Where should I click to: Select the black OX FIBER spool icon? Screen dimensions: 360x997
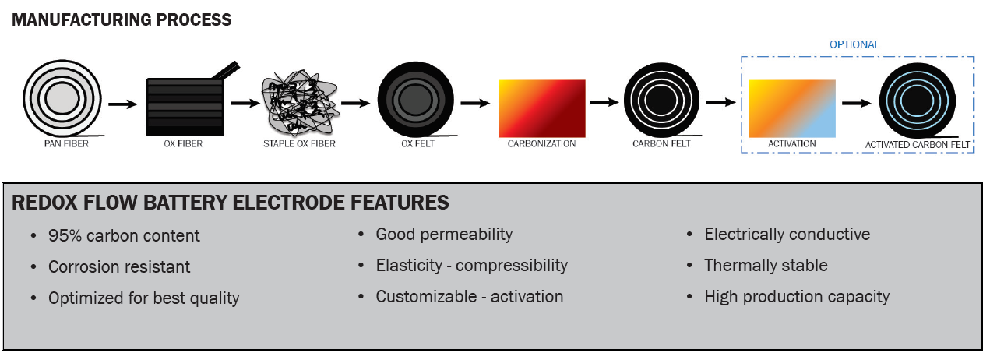point(185,105)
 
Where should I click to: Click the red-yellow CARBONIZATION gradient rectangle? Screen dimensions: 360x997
point(541,108)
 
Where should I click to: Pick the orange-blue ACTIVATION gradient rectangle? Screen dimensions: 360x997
point(791,108)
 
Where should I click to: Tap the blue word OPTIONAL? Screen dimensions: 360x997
point(854,44)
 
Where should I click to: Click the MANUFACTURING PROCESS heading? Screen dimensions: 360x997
point(122,20)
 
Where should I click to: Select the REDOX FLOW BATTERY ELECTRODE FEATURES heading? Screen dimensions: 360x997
point(231,203)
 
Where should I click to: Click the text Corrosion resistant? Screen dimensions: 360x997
point(119,267)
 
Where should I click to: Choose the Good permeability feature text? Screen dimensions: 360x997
point(444,235)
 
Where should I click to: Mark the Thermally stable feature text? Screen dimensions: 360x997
point(766,266)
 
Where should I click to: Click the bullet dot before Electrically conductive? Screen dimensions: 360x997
point(689,235)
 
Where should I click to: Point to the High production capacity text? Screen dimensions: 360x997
point(797,297)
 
